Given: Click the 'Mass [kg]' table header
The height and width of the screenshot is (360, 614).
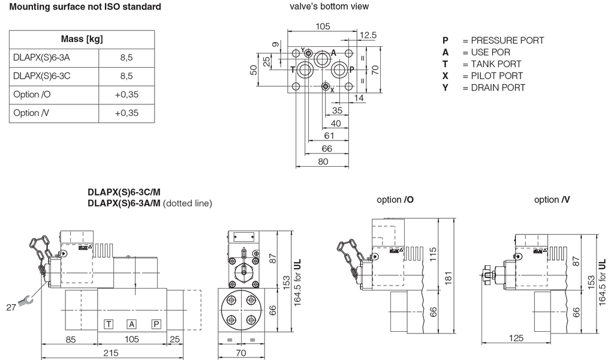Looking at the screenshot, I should [82, 40].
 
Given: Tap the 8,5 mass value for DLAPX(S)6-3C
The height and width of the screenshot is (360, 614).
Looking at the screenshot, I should [126, 76].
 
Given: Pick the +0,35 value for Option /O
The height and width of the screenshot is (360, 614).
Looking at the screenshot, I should [126, 95].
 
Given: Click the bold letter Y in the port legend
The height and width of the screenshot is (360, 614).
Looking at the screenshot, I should [446, 88].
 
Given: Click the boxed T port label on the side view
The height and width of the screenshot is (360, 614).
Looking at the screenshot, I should [109, 324].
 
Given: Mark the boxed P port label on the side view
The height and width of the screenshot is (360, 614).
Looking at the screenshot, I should [156, 324].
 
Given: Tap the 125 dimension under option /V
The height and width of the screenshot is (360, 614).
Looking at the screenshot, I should [516, 338].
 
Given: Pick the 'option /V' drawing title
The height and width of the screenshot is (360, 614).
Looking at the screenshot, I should [552, 199].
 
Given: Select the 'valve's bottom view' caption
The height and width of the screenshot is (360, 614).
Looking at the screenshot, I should [329, 7].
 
